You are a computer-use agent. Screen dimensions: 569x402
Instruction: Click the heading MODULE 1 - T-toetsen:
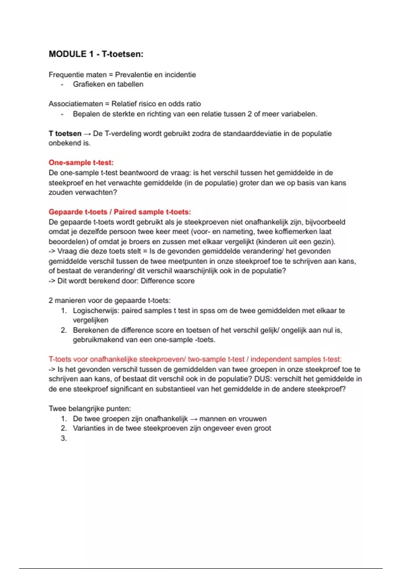pyautogui.click(x=96, y=54)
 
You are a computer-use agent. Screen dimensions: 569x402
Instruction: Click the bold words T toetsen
pyautogui.click(x=65, y=134)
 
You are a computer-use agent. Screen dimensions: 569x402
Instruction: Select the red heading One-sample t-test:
pyautogui.click(x=81, y=163)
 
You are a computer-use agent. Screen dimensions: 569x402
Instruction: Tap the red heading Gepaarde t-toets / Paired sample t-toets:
pyautogui.click(x=120, y=212)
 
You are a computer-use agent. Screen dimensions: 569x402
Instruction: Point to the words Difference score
pyautogui.click(x=167, y=281)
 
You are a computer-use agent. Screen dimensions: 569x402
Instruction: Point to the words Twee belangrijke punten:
pyautogui.click(x=90, y=409)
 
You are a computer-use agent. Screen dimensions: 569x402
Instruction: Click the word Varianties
pyautogui.click(x=89, y=428)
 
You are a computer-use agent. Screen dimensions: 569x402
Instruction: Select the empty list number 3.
pyautogui.click(x=64, y=438)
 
